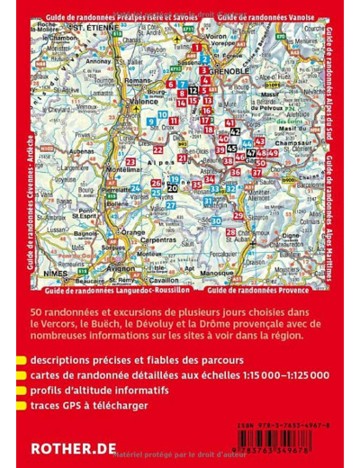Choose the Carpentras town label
pyautogui.click(x=158, y=241)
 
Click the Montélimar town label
pyautogui.click(x=124, y=169)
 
